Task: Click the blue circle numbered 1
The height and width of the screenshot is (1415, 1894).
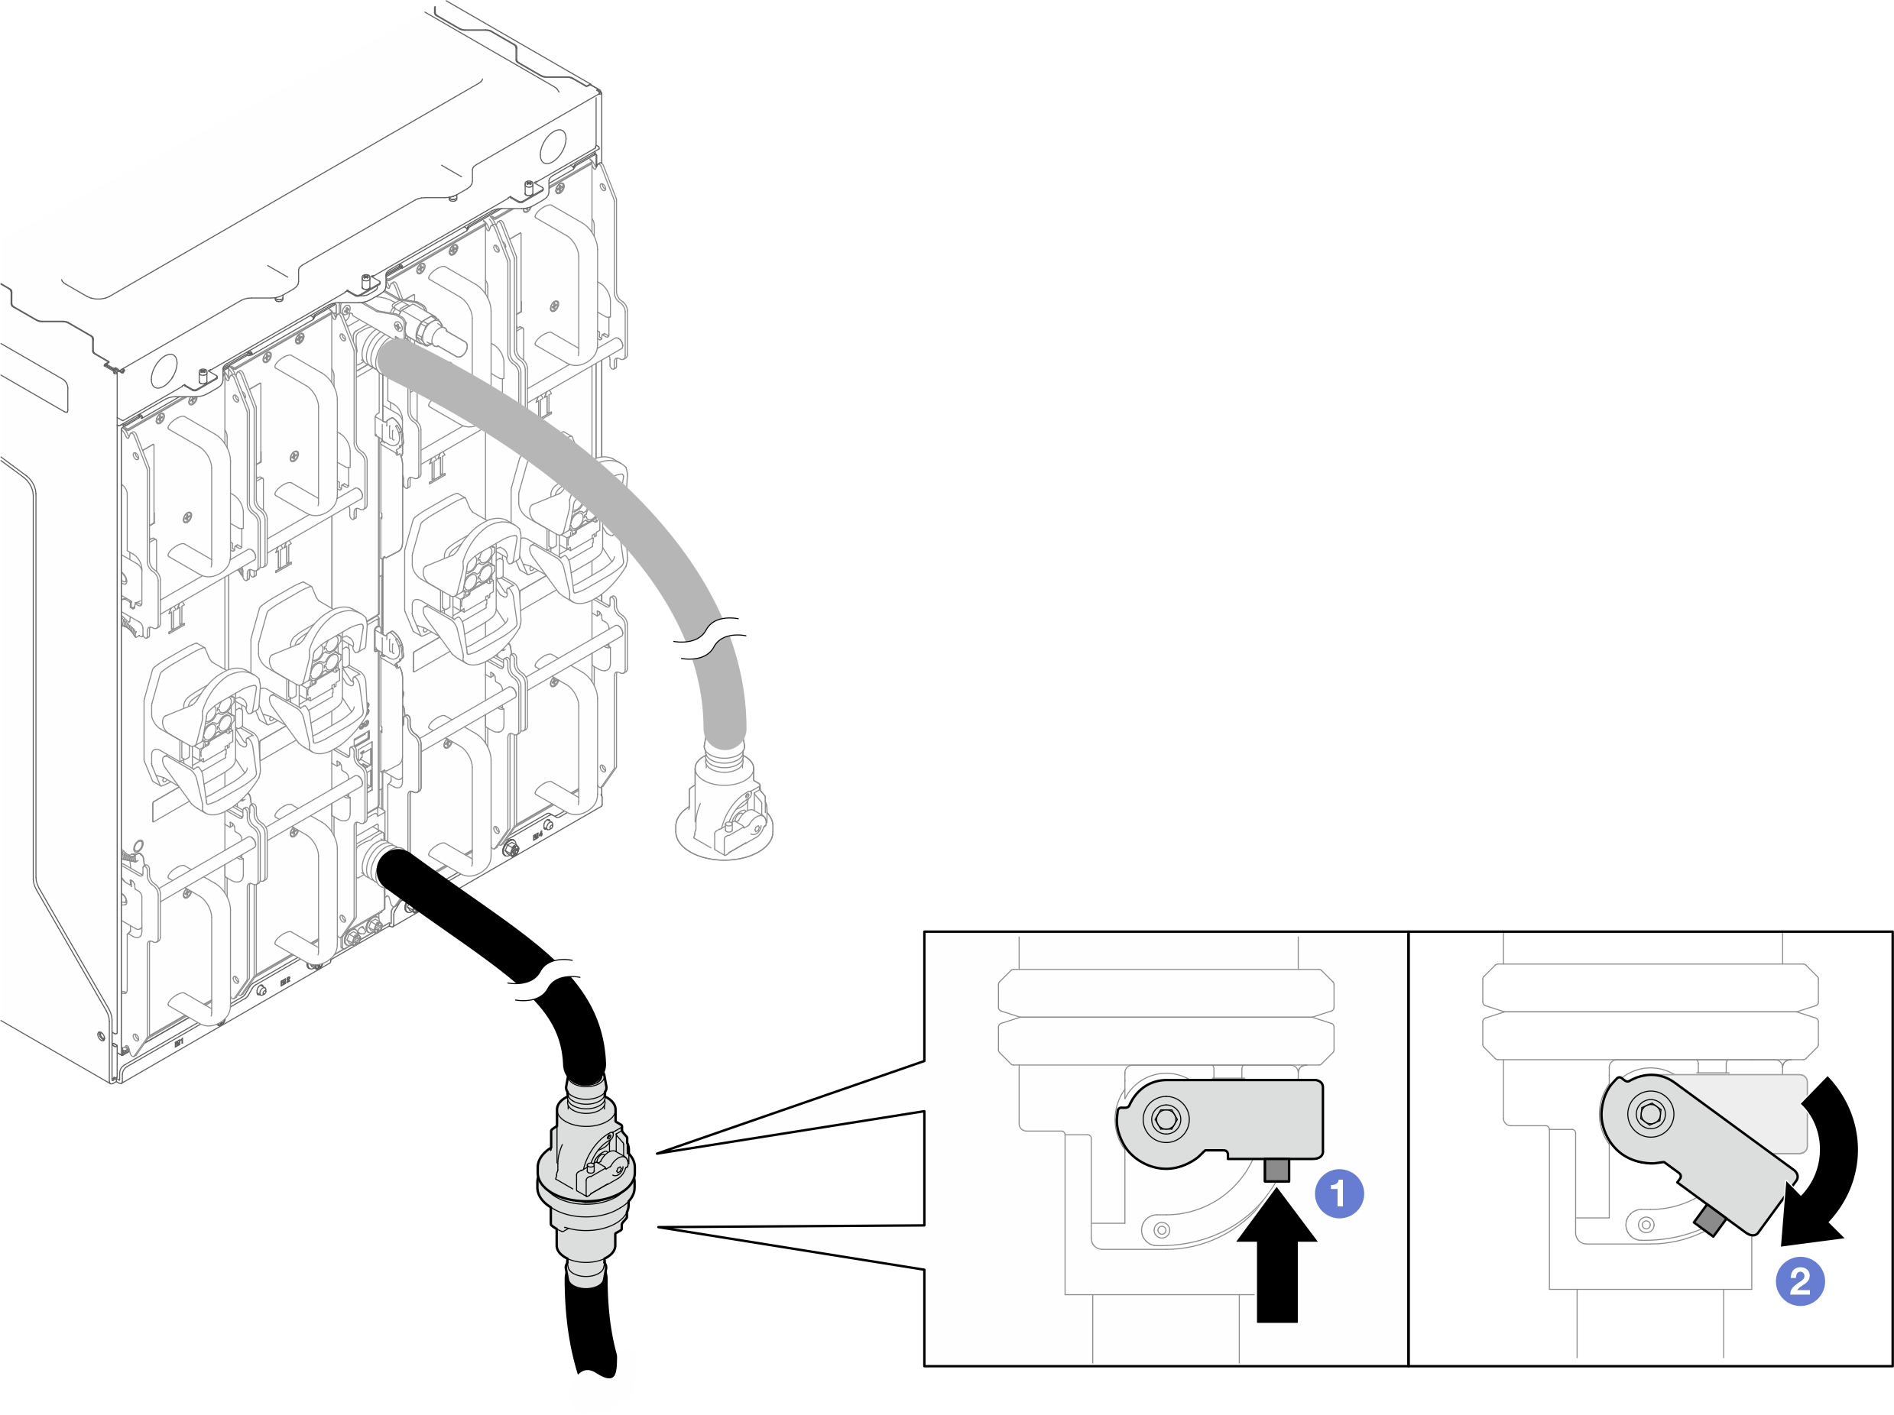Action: coord(1338,1193)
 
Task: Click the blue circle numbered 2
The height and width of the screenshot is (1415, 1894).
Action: coord(1800,1281)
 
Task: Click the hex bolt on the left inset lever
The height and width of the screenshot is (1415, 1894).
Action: coord(1166,1118)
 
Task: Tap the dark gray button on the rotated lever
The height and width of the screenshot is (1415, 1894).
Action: coord(1708,1222)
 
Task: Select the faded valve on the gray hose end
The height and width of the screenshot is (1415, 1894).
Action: coord(725,809)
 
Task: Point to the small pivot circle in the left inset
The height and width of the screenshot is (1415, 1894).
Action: coord(1162,1231)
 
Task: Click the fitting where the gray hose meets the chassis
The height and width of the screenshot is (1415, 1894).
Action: coord(375,348)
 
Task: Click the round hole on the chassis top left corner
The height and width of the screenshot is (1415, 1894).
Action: coord(164,371)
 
